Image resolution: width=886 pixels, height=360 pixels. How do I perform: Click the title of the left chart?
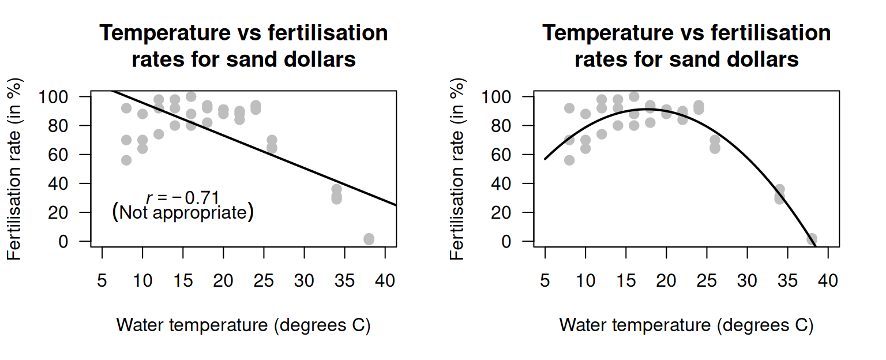tap(243, 46)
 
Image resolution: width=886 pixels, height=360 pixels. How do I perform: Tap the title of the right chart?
tap(686, 46)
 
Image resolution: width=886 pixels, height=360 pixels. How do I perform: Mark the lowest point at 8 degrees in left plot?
tap(126, 160)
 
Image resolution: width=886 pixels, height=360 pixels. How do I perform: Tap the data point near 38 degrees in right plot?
tap(812, 239)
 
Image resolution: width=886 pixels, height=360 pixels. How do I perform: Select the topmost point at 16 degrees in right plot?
tap(634, 96)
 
